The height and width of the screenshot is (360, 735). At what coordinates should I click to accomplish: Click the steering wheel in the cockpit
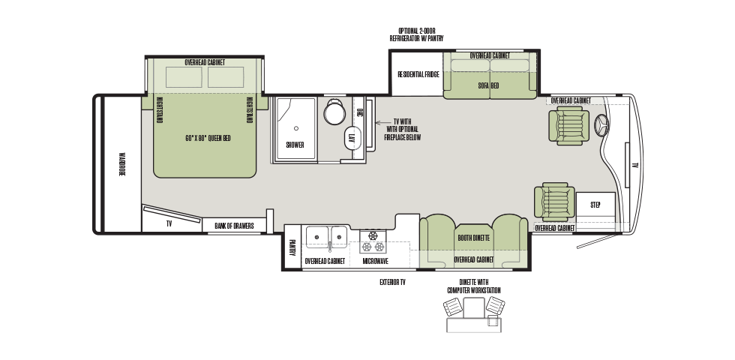coord(601,126)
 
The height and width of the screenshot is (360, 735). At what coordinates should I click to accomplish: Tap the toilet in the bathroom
coord(334,112)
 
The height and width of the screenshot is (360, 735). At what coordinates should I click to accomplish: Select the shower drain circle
coord(295,128)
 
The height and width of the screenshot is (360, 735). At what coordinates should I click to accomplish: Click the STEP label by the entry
coord(595,205)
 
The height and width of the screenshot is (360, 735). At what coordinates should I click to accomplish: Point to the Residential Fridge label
coord(418,74)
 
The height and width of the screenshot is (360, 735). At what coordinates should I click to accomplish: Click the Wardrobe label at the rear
coord(121,164)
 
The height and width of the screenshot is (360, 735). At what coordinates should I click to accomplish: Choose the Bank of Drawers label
coord(234,226)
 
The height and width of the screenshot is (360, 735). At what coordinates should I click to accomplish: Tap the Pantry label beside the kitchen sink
coord(292,247)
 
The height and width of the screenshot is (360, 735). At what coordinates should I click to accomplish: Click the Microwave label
coord(376,261)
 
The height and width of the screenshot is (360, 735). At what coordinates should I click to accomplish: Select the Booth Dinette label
coord(473,238)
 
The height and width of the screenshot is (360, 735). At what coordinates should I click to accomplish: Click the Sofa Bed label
coord(488,85)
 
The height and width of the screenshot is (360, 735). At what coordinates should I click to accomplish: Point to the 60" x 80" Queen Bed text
coord(208,138)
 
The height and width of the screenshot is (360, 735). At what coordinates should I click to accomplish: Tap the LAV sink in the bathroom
coord(352,138)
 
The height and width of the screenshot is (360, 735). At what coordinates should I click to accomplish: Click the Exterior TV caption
coord(392,282)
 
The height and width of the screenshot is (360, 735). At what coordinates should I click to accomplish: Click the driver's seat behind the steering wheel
coord(568,125)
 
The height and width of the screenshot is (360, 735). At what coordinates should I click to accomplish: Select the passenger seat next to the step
coord(554,202)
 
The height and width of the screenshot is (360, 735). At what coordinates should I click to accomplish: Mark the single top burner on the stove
coord(373,235)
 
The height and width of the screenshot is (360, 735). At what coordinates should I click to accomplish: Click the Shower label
coord(295,145)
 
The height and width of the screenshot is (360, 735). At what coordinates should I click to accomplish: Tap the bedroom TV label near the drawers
coord(169,224)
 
